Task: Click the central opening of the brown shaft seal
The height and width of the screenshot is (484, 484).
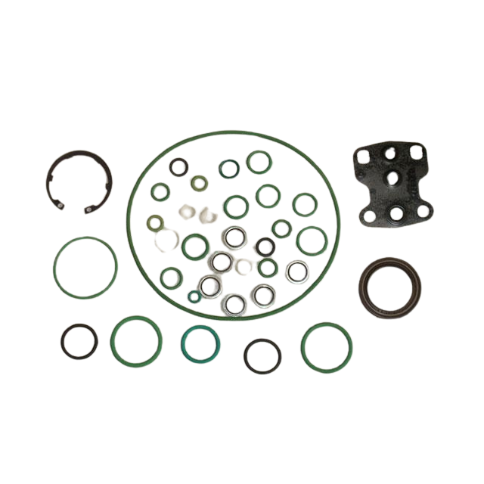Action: point(389,286)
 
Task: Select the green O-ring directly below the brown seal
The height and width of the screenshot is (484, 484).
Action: point(326,346)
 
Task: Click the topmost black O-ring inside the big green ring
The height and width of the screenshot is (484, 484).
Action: point(178,166)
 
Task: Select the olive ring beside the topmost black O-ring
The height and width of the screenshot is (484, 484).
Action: point(199,184)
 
